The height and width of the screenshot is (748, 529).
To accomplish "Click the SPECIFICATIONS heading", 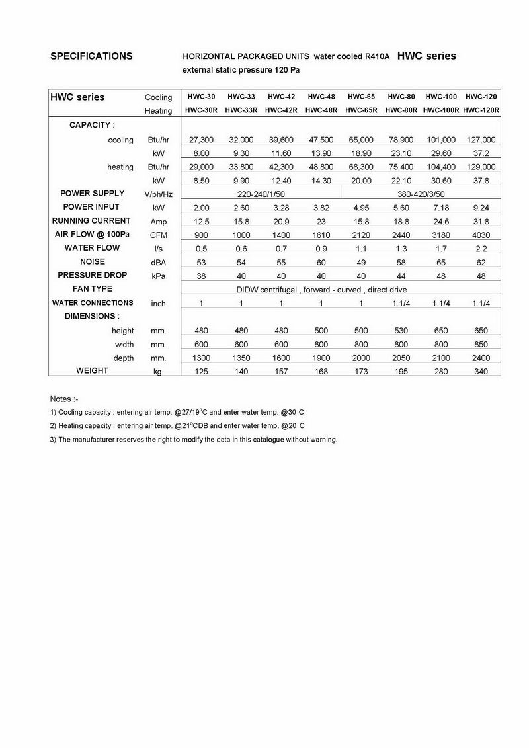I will tap(91, 56).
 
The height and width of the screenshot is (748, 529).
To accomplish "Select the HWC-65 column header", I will tap(361, 97).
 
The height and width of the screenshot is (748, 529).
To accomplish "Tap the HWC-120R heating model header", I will tap(481, 110).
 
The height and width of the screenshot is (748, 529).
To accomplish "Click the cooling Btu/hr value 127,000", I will tap(481, 140).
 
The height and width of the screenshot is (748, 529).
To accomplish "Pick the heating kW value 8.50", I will tap(200, 180).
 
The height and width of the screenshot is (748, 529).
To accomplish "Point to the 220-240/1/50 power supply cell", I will tap(261, 194).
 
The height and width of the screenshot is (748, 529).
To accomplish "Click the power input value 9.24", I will tap(481, 207).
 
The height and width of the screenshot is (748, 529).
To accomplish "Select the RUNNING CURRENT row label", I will tap(91, 220).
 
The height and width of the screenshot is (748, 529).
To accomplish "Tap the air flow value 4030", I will tap(481, 234).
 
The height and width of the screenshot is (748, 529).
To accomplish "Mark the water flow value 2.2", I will tap(481, 248).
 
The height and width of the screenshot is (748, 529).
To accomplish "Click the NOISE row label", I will tap(93, 261).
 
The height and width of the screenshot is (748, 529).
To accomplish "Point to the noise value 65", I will tap(441, 262).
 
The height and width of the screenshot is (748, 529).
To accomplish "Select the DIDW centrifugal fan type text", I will tap(321, 290).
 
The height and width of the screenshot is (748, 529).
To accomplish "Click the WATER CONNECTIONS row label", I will tap(93, 303).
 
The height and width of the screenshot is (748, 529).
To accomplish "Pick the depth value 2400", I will tap(481, 358).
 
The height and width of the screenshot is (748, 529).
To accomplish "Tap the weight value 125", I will tap(200, 372).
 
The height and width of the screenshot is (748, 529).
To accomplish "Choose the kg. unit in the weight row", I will tap(158, 372).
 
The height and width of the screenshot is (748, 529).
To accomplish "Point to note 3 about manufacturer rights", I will tap(193, 440).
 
